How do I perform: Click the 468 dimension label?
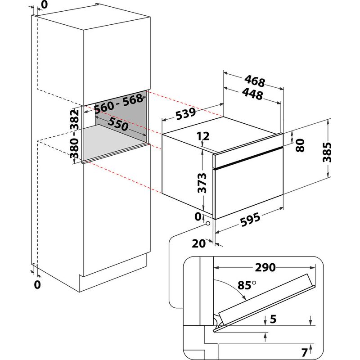pyautogui.click(x=255, y=82)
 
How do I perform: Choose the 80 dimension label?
pyautogui.click(x=301, y=145)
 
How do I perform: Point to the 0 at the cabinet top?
pyautogui.click(x=44, y=5)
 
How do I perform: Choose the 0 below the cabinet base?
pyautogui.click(x=37, y=285)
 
